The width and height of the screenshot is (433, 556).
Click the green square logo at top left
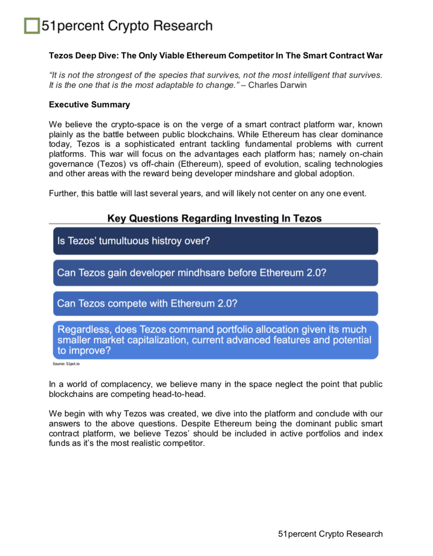coord(32,26)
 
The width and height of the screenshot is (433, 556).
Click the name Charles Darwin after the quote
coord(277,85)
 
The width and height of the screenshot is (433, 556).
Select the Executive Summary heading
coord(89,105)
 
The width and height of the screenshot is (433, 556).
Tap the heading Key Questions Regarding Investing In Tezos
coord(214,218)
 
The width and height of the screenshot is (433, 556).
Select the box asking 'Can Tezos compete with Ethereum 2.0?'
coord(215,303)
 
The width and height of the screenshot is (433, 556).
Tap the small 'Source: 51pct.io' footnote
coord(66,364)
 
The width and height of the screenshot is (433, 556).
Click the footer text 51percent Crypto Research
coord(330,534)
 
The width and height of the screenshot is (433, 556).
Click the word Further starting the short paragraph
coord(63,194)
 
